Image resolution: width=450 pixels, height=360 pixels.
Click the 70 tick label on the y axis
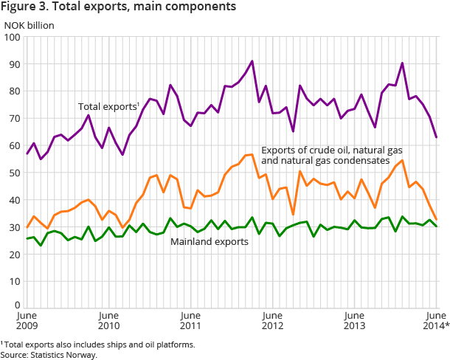click(x=13, y=119)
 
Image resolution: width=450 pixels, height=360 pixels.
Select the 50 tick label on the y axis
click(x=13, y=173)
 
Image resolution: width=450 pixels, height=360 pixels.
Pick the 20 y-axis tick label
click(x=13, y=255)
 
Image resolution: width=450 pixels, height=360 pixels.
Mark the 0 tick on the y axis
click(x=16, y=304)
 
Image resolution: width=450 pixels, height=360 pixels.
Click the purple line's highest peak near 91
click(x=252, y=61)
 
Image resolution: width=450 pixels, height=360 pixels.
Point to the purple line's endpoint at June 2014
click(x=436, y=137)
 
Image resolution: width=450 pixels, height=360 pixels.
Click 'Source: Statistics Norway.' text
click(x=49, y=354)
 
